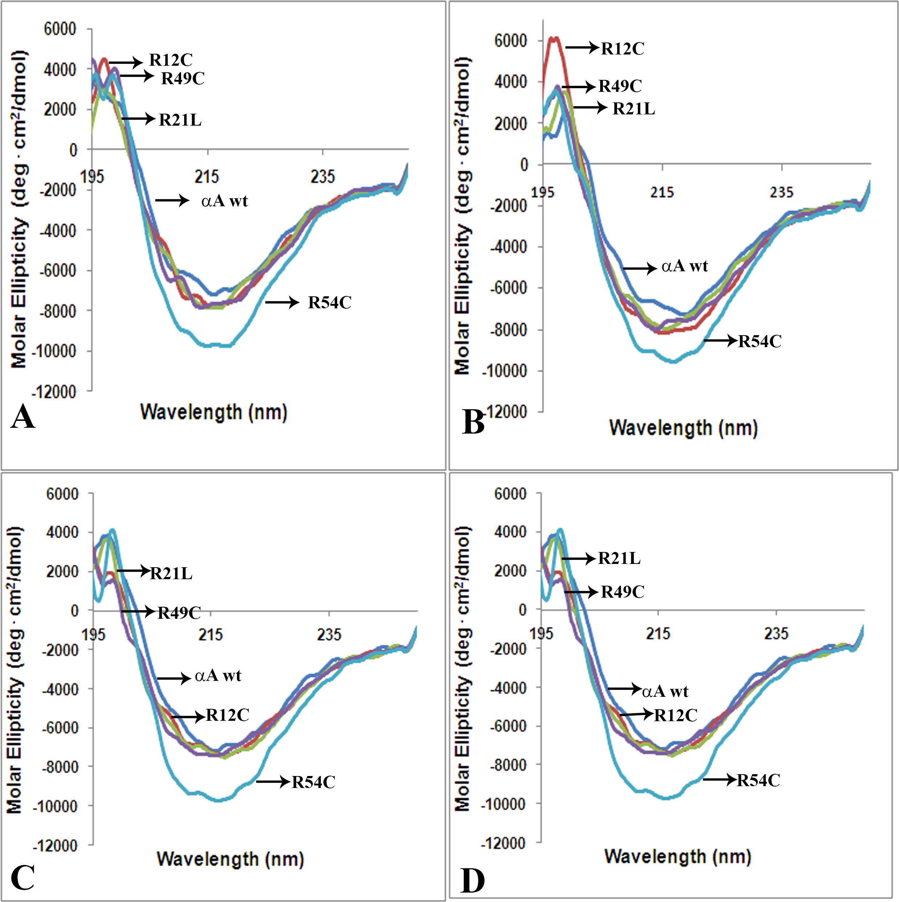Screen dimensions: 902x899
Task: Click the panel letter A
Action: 23,417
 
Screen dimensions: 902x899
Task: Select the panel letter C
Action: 23,878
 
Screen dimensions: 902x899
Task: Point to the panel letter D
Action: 473,881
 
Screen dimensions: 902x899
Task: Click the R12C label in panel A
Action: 171,60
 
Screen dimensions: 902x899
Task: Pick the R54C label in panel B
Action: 760,341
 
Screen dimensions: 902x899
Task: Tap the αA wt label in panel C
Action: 218,675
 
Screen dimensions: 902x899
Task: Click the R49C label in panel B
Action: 620,86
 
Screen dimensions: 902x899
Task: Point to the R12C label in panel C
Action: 228,715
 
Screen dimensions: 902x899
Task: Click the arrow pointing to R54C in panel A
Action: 282,302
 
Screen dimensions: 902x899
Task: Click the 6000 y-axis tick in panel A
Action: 60,29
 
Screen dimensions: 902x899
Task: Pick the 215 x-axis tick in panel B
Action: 662,192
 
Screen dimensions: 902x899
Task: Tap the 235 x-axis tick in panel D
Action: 776,634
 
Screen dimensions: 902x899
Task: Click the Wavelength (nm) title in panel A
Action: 214,412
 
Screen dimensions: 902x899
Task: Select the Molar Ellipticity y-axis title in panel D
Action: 462,668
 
